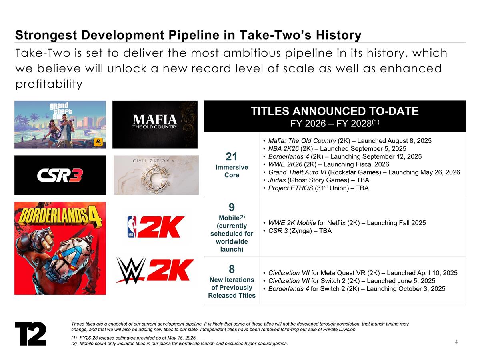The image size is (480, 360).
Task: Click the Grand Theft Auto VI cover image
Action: point(60,124)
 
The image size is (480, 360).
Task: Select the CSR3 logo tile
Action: point(60,175)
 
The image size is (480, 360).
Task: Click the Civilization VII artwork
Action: point(156,175)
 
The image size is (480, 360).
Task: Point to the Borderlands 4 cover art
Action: point(60,248)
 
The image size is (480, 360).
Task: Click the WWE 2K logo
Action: point(155,271)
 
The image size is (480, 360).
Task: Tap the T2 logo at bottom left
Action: point(30,333)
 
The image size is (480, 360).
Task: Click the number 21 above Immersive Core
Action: point(232,156)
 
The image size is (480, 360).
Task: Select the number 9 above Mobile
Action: point(232,207)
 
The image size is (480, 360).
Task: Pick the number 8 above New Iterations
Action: point(232,268)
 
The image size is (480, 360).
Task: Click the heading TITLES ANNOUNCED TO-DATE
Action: point(334,111)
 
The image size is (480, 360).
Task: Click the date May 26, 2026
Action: point(436,172)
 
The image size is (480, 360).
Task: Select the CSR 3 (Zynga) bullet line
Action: point(300,231)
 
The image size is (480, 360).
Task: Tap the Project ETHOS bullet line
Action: point(318,188)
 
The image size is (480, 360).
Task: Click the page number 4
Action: point(456,342)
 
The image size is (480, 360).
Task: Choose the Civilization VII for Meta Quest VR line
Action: point(362,273)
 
